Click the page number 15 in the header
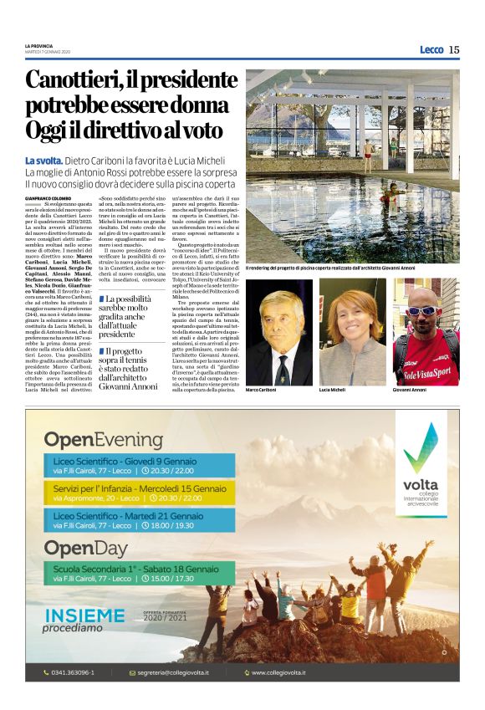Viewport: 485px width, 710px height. pyautogui.click(x=453, y=49)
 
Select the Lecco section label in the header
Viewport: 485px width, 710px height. pyautogui.click(x=431, y=49)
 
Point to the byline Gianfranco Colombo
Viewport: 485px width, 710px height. pyautogui.click(x=48, y=197)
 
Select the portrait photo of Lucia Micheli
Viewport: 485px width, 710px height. pyautogui.click(x=351, y=331)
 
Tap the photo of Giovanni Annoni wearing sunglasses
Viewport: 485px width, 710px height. pyautogui.click(x=426, y=331)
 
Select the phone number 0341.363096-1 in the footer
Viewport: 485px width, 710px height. pyautogui.click(x=74, y=672)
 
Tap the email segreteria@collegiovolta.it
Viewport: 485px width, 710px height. pyautogui.click(x=172, y=672)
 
